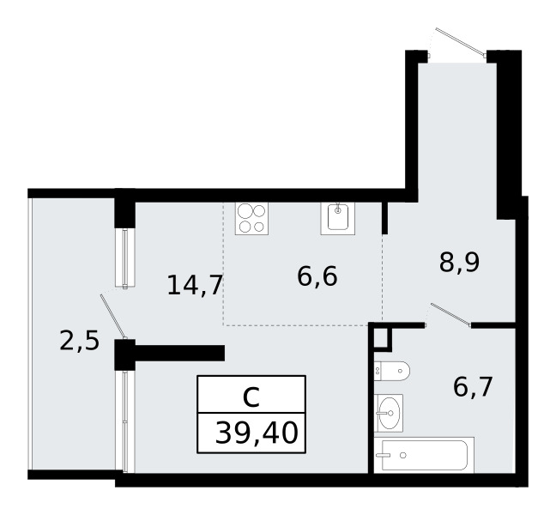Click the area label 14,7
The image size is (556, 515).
195,285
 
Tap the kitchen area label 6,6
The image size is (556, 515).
317,276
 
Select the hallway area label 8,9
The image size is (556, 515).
459,262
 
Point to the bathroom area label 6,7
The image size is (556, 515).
473,386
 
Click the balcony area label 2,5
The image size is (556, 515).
79,342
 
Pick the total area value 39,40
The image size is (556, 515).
256,433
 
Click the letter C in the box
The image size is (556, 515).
251,397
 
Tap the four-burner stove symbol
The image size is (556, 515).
251,218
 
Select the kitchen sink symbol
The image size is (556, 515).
337,218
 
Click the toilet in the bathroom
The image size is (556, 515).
392,371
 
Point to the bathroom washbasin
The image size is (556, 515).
389,413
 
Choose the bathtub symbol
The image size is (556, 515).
424,455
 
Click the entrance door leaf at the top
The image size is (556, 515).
461,42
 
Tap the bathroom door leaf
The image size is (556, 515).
450,315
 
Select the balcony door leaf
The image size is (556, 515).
113,317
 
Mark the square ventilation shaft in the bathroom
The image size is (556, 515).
383,337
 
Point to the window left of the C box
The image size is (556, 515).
125,421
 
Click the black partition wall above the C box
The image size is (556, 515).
170,353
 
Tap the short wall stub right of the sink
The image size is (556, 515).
384,218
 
